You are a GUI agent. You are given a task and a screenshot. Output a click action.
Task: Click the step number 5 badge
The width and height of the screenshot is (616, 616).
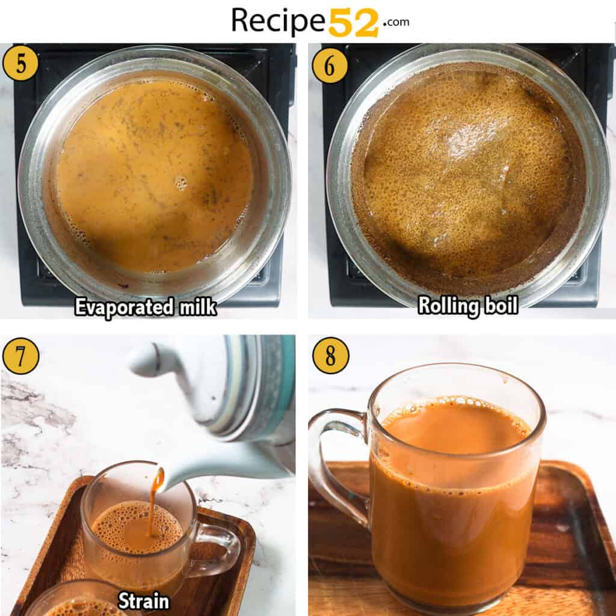[x=20, y=63]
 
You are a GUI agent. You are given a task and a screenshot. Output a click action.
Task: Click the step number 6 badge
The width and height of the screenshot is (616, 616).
[x=330, y=65]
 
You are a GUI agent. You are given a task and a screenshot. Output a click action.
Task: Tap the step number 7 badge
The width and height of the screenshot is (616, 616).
[x=20, y=356]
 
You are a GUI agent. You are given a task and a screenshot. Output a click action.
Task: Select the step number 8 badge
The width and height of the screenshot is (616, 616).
[x=330, y=355]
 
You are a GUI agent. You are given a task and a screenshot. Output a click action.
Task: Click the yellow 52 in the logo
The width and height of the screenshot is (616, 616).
[x=354, y=23]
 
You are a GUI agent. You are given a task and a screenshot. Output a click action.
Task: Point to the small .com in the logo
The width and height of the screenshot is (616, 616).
[x=395, y=22]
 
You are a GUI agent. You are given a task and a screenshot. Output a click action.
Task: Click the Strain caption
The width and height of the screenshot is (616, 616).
[x=143, y=600]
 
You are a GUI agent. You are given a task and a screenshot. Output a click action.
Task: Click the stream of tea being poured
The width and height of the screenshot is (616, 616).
[x=155, y=499]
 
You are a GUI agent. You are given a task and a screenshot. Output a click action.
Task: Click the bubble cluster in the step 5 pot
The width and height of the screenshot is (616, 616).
[x=180, y=182]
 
